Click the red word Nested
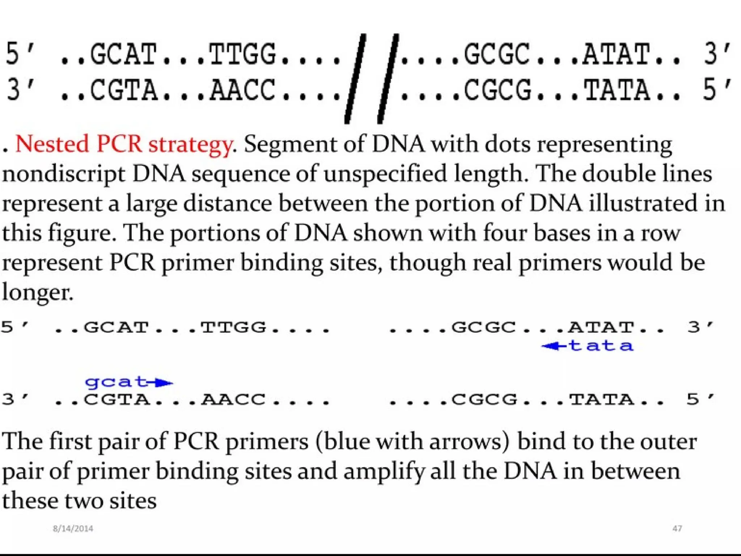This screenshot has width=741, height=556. [x=52, y=144]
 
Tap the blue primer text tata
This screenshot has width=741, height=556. [x=601, y=346]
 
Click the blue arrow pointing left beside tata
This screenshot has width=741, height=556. [x=554, y=346]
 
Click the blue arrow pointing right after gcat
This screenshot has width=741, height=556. [x=161, y=383]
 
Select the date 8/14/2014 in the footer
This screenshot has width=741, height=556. [x=73, y=528]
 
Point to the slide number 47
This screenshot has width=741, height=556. [x=677, y=528]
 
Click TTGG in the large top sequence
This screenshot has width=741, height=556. [x=242, y=54]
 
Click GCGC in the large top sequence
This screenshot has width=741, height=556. [x=497, y=54]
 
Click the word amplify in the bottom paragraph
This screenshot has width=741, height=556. [x=384, y=472]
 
